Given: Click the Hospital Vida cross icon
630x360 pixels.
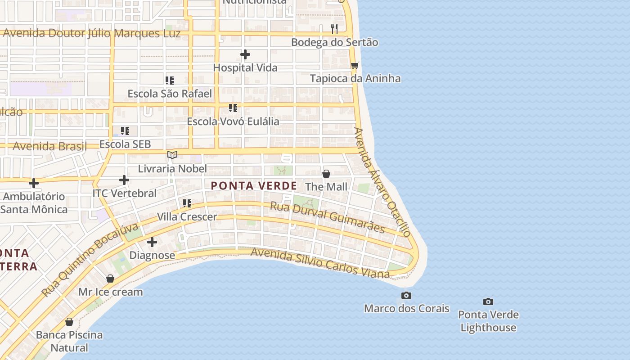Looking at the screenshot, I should [245, 55].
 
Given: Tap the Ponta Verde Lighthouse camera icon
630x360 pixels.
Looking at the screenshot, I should [488, 301].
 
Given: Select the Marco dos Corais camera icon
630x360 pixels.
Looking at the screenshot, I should [406, 296].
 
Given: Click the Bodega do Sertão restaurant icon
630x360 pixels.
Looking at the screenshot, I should [334, 29].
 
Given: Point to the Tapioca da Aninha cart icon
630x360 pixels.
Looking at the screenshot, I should [355, 66].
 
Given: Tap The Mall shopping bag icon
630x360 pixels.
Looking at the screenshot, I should [326, 174].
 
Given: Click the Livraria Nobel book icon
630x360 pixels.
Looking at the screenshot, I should [172, 155].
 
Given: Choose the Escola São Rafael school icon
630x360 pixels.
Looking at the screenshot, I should [170, 81].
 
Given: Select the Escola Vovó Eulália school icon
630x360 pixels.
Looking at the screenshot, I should [233, 108].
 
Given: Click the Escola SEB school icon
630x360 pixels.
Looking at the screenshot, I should [125, 131].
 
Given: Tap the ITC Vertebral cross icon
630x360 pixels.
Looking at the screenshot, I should [124, 180].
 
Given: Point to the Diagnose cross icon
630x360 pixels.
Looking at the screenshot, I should [152, 242].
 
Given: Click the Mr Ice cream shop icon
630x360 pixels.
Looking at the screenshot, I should [110, 279].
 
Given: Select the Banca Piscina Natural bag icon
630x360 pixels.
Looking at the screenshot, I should [69, 322].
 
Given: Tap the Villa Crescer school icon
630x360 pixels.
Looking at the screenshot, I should [187, 203].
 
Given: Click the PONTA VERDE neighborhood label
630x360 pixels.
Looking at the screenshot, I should [254, 186].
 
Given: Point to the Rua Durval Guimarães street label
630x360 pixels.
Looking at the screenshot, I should [327, 217].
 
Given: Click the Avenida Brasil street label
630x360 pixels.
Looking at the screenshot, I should [49, 146].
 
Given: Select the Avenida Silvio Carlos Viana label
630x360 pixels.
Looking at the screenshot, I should [320, 262].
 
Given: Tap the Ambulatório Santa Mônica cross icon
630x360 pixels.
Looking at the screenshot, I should [34, 183].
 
